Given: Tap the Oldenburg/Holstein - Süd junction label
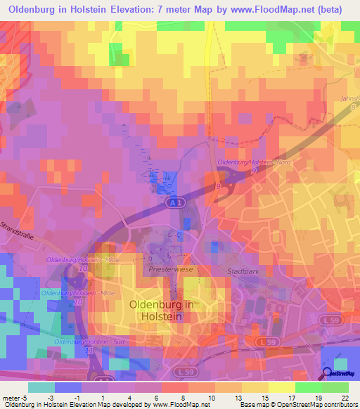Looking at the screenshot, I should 82,341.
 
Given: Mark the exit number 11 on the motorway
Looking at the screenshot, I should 88,350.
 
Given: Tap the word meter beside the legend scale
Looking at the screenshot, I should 10,396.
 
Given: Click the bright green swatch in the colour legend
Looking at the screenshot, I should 309,387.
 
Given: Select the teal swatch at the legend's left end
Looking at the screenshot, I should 40,387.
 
